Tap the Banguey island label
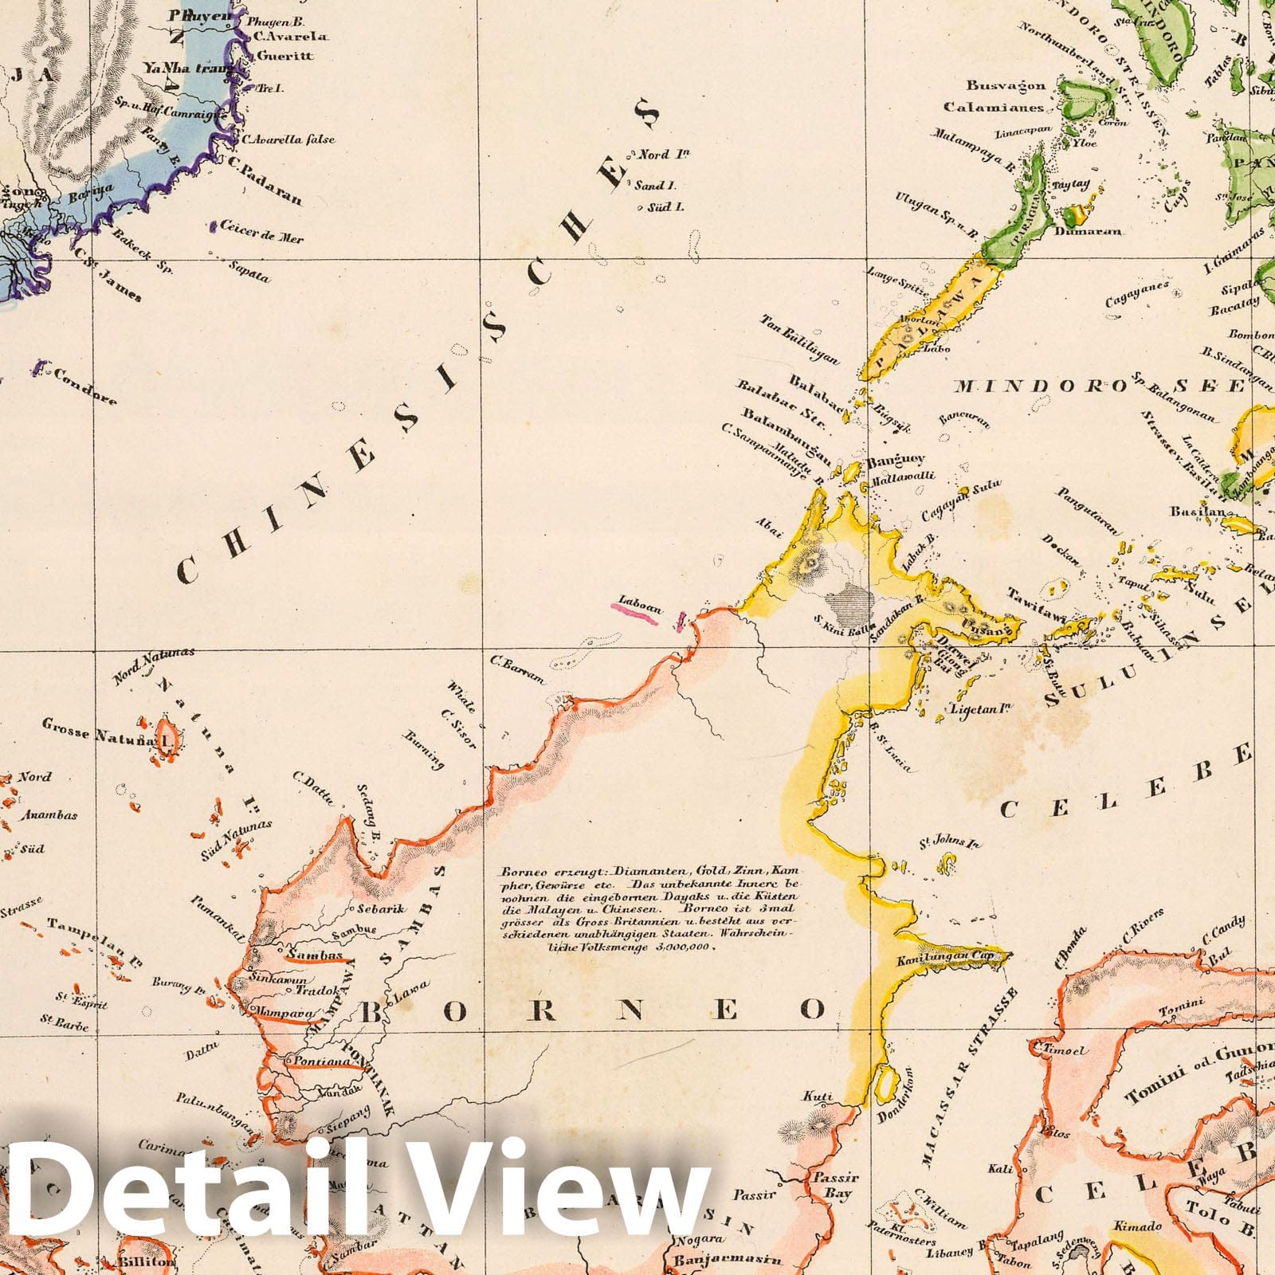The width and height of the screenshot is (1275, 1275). (896, 460)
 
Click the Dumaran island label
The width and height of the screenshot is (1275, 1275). (1089, 232)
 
